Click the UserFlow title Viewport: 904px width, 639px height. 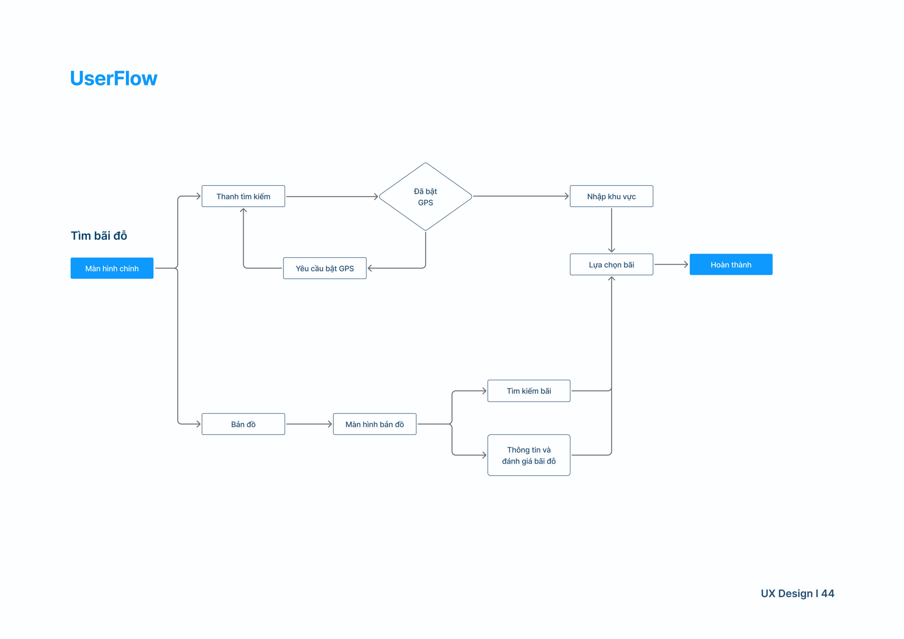114,78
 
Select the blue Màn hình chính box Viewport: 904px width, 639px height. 112,268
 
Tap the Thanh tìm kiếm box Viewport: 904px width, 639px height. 243,196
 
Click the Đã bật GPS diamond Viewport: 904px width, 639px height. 425,197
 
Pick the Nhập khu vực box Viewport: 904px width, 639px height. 612,196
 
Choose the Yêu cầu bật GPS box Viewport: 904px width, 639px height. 325,268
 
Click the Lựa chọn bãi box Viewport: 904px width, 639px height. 612,264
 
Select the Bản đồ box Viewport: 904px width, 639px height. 243,424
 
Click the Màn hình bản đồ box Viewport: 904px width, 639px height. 375,424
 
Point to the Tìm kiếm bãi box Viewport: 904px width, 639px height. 529,391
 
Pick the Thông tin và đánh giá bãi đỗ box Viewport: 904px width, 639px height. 529,455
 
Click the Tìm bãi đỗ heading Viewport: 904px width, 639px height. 99,236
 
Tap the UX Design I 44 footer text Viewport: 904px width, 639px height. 797,593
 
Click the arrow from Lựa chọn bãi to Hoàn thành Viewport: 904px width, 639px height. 671,264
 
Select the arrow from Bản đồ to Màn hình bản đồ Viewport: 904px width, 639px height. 309,424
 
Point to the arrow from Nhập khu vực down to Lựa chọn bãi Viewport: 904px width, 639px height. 612,230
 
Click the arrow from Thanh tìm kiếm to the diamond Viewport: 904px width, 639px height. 332,196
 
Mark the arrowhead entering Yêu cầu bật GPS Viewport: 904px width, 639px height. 370,268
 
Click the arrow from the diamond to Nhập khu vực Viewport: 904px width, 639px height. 521,196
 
